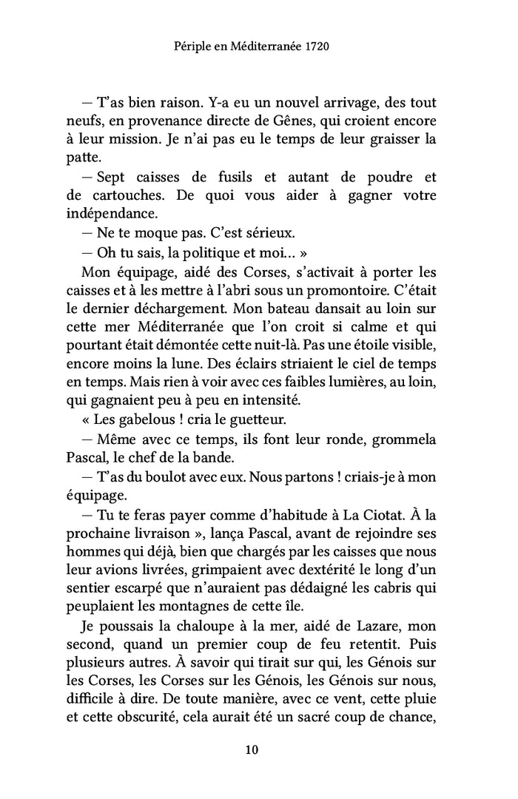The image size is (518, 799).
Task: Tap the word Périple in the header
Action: (x=193, y=46)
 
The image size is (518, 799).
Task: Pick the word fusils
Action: (x=223, y=178)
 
